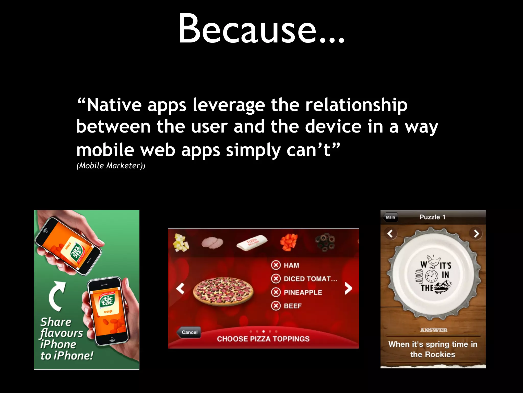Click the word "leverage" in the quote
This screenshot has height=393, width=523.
(x=229, y=105)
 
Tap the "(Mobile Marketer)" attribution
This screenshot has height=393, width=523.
(x=111, y=166)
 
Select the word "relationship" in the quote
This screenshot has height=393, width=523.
(x=356, y=105)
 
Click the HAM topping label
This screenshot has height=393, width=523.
(x=291, y=265)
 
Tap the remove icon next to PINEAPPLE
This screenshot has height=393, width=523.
(x=276, y=292)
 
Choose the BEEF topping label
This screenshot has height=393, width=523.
(x=293, y=306)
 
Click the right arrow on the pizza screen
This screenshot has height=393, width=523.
(x=348, y=288)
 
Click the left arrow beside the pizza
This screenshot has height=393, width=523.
(x=180, y=288)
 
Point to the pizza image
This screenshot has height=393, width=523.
(x=223, y=292)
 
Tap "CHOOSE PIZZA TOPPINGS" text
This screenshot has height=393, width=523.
(x=263, y=339)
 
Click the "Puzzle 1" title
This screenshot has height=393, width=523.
(x=433, y=217)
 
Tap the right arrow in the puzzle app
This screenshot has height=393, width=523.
(x=476, y=233)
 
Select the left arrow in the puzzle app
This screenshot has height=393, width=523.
(x=390, y=233)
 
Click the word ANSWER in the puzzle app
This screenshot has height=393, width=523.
(x=434, y=330)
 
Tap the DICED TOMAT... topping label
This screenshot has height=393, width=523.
(x=310, y=279)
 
